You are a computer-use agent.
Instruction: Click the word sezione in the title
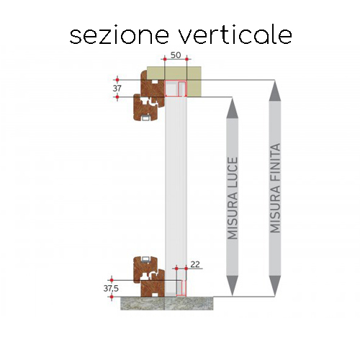pyautogui.click(x=120, y=35)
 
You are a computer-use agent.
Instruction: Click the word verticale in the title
pyautogui.click(x=235, y=35)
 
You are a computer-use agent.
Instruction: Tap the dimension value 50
pyautogui.click(x=176, y=55)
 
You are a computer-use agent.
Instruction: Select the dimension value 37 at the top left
pyautogui.click(x=117, y=89)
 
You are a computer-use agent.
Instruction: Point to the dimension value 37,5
pyautogui.click(x=111, y=289)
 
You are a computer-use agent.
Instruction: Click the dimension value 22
pyautogui.click(x=195, y=264)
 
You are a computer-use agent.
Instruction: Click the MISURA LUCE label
pyautogui.click(x=233, y=198)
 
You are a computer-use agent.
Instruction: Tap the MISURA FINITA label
pyautogui.click(x=275, y=188)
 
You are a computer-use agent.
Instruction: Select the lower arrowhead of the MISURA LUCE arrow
pyautogui.click(x=232, y=286)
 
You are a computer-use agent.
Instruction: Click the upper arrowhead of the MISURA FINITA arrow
pyautogui.click(x=275, y=91)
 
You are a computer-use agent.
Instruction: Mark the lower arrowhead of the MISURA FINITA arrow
pyautogui.click(x=275, y=286)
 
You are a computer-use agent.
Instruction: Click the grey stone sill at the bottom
pyautogui.click(x=166, y=303)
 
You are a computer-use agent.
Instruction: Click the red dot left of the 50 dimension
pyautogui.click(x=165, y=59)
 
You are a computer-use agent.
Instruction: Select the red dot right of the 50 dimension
pyautogui.click(x=187, y=59)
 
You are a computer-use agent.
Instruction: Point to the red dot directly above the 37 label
pyautogui.click(x=117, y=80)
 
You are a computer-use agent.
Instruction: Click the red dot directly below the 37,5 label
pyautogui.click(x=112, y=297)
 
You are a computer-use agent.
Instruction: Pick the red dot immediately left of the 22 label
pyautogui.click(x=176, y=269)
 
